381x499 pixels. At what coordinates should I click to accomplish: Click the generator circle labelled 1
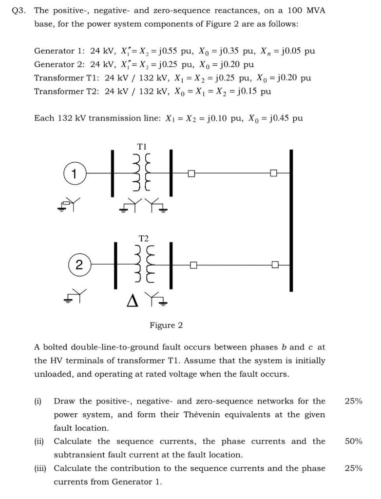pos(74,173)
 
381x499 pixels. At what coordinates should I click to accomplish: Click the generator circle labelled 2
pos(79,265)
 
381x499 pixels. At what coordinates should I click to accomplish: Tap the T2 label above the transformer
pos(143,238)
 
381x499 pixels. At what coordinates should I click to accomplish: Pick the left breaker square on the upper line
pos(191,173)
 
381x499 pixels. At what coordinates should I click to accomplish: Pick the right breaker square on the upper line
pos(273,173)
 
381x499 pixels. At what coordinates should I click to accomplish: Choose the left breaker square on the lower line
pos(193,265)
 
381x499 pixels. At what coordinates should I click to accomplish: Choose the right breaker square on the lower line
pos(275,265)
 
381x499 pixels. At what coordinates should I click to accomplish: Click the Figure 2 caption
pos(166,325)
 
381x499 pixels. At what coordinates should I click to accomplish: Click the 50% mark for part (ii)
pos(353,441)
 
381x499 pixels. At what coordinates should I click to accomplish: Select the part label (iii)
pos(41,468)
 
